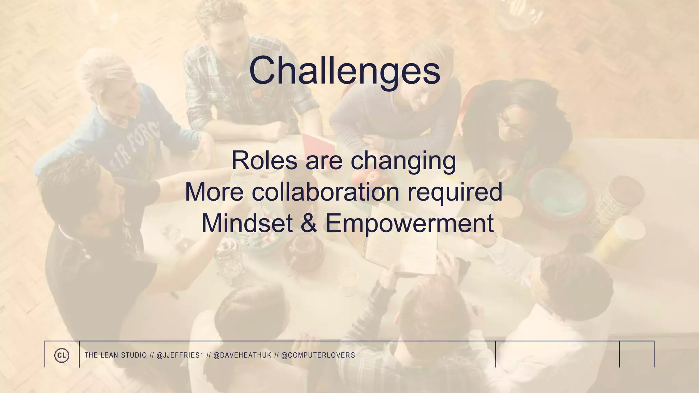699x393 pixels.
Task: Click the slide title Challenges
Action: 345,71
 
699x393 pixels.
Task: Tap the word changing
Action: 403,161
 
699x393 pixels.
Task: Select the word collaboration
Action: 326,192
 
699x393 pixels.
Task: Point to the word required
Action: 455,192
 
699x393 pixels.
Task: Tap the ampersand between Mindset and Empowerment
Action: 309,223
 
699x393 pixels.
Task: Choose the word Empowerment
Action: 410,224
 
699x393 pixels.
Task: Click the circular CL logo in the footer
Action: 62,355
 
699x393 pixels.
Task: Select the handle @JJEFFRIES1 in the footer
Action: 180,355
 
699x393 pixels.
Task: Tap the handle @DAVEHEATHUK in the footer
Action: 242,355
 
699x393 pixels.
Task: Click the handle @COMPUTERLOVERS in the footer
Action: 318,355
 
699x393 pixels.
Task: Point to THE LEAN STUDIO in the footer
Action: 115,355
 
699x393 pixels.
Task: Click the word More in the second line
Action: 214,192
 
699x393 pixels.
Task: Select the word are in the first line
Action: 324,161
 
